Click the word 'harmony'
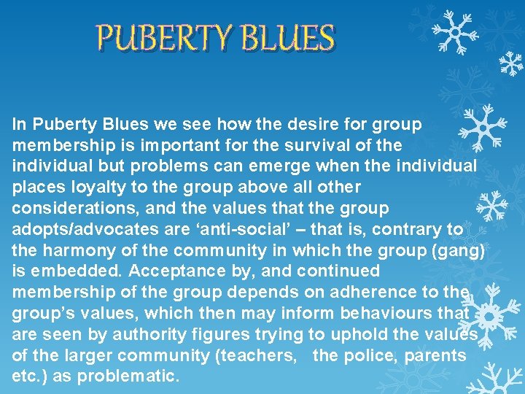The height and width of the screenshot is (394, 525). (x=75, y=250)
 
